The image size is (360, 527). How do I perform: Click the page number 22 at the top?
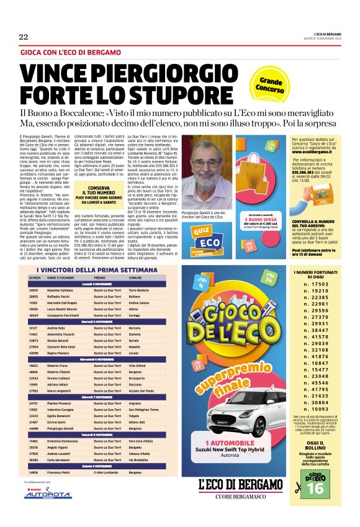[24, 37]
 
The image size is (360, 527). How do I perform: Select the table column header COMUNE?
[135, 277]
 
